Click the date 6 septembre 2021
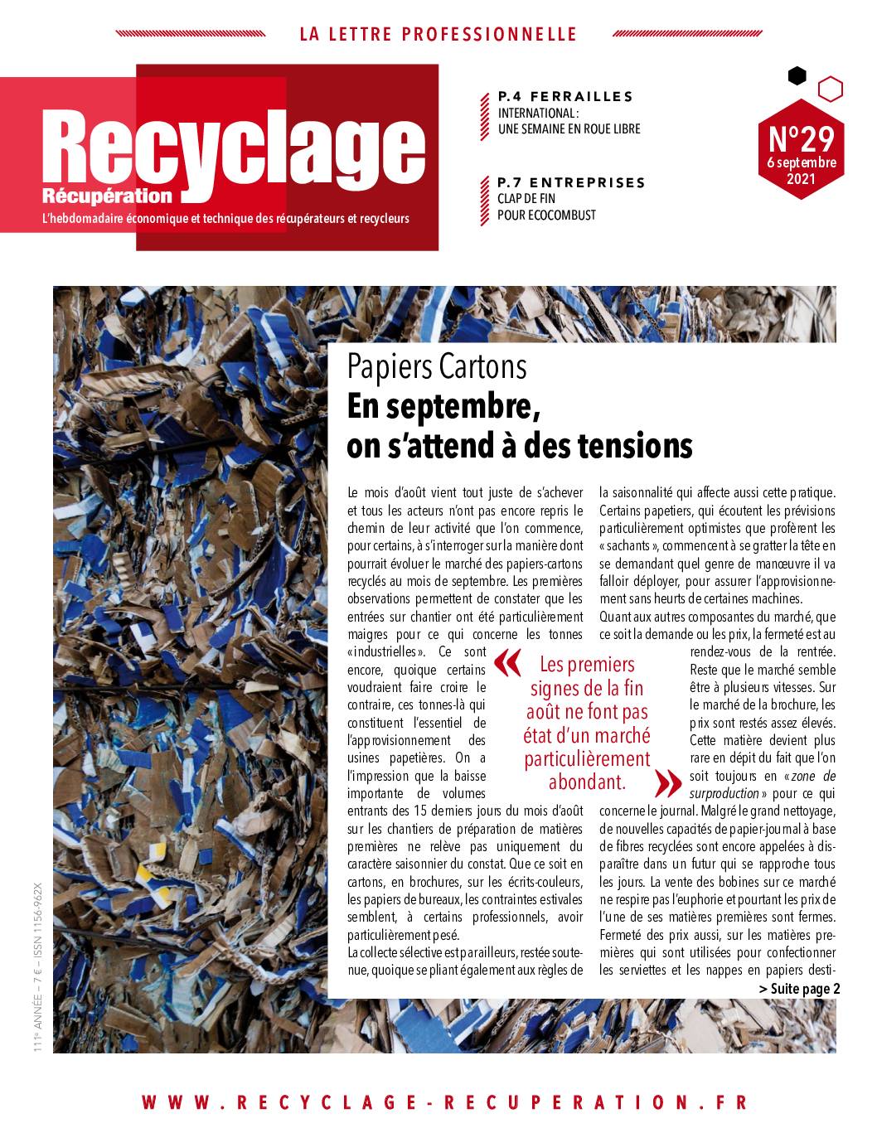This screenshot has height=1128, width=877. point(801,171)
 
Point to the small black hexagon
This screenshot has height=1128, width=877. point(797,76)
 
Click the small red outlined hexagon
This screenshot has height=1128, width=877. point(830,89)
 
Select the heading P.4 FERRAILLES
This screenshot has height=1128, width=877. point(565,96)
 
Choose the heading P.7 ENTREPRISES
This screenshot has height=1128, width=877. point(571,182)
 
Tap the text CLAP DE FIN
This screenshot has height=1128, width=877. point(526,199)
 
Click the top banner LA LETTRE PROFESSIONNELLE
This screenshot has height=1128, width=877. point(438,34)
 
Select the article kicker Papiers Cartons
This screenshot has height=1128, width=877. point(437,366)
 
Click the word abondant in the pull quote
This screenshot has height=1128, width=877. point(586,782)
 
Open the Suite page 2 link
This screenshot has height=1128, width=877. point(799,989)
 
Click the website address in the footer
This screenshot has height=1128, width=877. point(445,1102)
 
